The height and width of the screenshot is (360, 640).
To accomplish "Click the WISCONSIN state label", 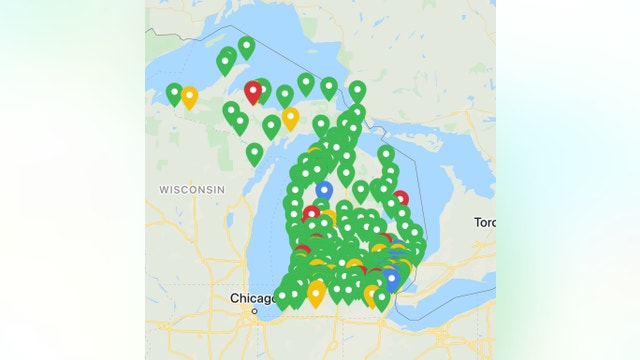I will (x=191, y=189).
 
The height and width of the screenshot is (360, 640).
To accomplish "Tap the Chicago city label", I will (x=252, y=298).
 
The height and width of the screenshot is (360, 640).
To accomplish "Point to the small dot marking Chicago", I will (x=254, y=311).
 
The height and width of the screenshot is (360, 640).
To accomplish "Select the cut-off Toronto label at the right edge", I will (x=485, y=222).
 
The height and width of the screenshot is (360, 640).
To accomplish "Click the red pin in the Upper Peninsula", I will (x=253, y=92).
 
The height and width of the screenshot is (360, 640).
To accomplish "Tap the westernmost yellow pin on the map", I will (x=189, y=97).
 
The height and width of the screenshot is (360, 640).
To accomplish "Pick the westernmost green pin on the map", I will (x=174, y=94).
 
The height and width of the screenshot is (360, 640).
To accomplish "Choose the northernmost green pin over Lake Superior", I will (x=246, y=46).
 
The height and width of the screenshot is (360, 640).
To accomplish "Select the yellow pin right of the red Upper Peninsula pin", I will (x=290, y=118).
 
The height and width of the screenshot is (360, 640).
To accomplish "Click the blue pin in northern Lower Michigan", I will (x=324, y=189).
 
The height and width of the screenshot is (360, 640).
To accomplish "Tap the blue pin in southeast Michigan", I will (x=392, y=277).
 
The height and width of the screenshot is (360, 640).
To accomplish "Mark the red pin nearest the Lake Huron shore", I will (x=400, y=198).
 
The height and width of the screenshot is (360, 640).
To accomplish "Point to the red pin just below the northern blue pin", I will (x=311, y=213).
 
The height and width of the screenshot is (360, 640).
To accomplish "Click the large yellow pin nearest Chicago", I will (x=316, y=293).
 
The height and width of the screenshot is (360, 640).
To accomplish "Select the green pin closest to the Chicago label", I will (x=283, y=296).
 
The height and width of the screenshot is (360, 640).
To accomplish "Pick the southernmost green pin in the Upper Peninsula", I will (x=255, y=153).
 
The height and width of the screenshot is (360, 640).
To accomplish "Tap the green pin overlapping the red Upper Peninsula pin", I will (x=262, y=90).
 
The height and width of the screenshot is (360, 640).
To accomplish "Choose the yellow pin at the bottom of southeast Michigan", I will (x=372, y=295).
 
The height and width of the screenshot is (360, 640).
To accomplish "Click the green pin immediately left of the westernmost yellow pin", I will (x=174, y=94).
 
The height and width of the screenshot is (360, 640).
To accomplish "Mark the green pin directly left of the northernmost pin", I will (x=227, y=62).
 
